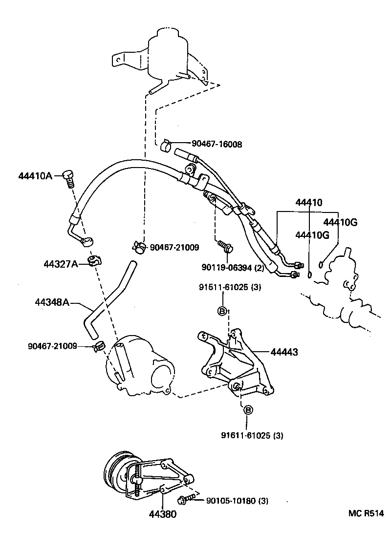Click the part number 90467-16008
tap(217, 144)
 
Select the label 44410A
tap(35, 176)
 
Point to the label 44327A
tap(61, 264)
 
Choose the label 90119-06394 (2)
tap(233, 267)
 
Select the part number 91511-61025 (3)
tap(230, 287)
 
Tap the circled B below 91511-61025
tap(221, 311)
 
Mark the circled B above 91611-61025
tap(247, 410)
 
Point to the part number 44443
tap(284, 351)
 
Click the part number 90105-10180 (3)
tap(237, 501)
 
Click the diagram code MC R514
tap(366, 513)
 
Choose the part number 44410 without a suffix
tap(308, 203)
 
